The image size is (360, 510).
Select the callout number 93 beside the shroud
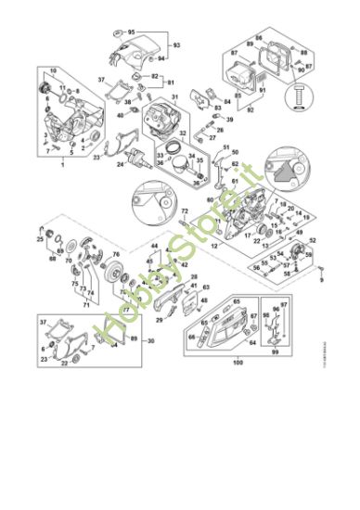[177, 45]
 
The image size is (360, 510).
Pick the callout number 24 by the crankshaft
[121, 164]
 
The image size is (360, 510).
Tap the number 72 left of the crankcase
[185, 212]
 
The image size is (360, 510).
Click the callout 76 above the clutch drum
[116, 253]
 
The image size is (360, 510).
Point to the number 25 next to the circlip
[41, 239]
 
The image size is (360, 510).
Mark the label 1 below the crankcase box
[61, 165]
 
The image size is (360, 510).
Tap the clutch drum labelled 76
[117, 274]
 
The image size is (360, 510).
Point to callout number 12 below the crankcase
[214, 246]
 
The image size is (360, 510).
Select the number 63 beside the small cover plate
[206, 288]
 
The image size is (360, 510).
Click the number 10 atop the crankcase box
[53, 71]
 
